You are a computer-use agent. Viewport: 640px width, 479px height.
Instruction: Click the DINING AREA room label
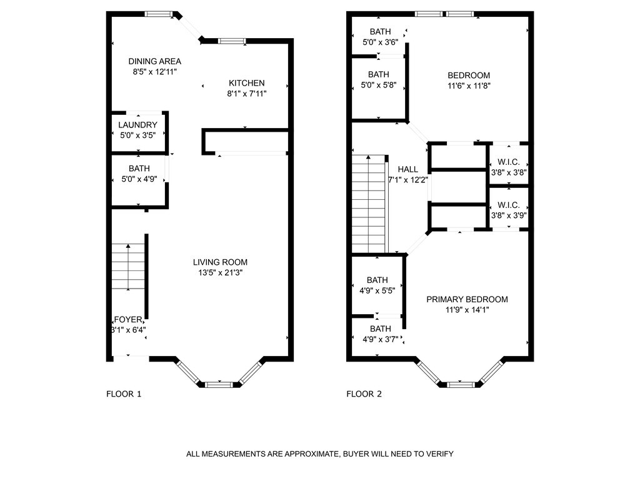point(154,61)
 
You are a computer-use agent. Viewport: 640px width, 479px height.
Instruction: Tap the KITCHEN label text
point(246,83)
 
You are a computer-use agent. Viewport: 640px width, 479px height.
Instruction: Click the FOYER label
point(129,319)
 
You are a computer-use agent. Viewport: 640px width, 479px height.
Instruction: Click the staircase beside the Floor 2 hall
point(369,203)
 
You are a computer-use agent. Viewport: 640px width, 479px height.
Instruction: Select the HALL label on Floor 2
point(407,169)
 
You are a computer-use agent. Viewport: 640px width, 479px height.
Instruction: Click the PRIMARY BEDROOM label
point(467,299)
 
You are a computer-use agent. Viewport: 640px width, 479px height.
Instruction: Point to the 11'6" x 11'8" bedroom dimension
point(469,86)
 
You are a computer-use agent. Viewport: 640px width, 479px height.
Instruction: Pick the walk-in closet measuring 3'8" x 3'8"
point(509,167)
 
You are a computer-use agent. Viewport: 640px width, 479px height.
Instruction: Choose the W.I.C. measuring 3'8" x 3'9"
point(509,210)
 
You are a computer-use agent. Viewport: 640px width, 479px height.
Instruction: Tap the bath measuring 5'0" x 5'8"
point(378,80)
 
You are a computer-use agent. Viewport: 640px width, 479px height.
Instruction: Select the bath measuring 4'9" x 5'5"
point(377,285)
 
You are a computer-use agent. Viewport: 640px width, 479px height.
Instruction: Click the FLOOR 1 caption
point(124,394)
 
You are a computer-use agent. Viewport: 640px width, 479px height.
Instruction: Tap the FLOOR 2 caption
point(364,394)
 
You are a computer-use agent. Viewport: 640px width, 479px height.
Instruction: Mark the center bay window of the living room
point(219,384)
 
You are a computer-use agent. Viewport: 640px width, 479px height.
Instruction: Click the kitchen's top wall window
point(232,41)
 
